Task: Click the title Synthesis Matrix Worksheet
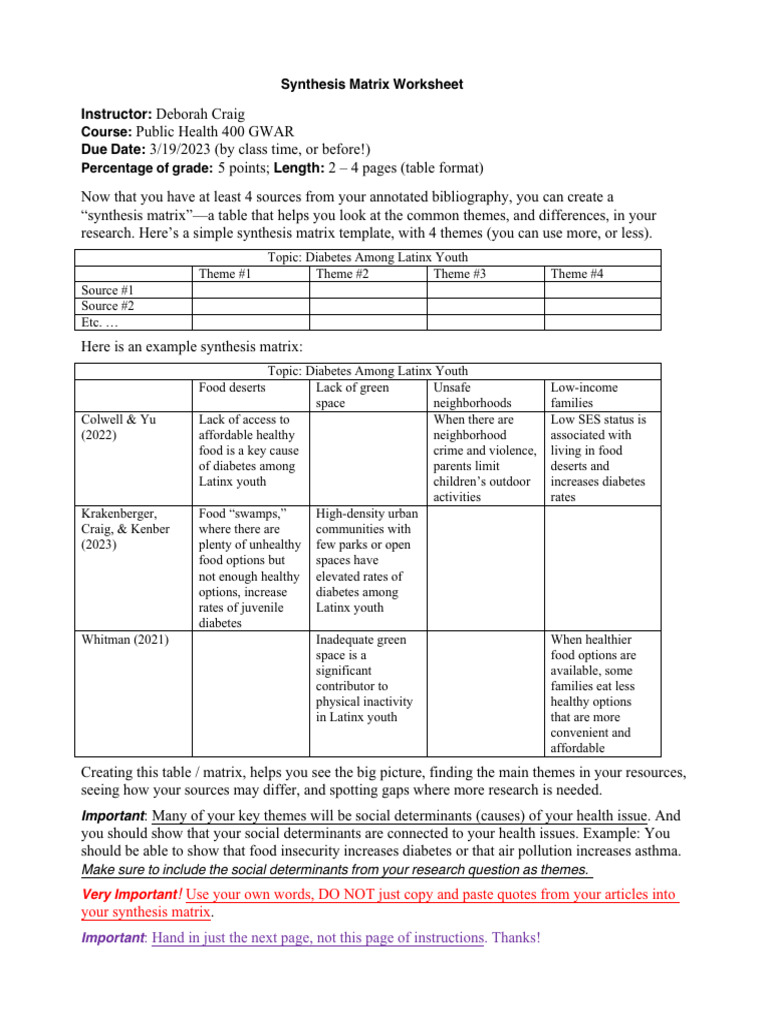384,85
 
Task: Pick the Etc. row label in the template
98,322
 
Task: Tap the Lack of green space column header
351,395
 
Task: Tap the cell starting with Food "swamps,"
250,567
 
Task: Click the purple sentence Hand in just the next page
317,938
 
